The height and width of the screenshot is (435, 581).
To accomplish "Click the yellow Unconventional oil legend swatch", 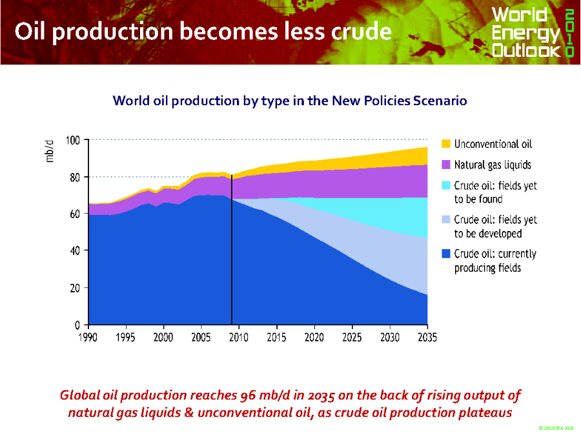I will point(446,143).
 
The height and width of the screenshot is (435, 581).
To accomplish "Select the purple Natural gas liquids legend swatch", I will point(446,165).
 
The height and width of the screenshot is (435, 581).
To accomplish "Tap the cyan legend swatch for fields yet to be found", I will point(446,186).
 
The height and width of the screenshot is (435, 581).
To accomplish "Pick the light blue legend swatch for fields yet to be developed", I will point(446,219).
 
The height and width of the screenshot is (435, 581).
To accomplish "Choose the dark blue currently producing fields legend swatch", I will point(446,254).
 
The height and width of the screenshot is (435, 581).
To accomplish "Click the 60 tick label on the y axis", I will point(74,214).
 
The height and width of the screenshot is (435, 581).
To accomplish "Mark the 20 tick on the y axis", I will point(74,287).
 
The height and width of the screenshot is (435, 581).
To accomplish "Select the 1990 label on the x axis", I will point(88,337).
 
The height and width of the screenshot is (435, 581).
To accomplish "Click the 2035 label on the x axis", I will point(427,337).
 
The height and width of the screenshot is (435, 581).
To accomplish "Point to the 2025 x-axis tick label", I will point(352,337).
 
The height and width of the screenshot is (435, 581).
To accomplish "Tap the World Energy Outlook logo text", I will point(525,32).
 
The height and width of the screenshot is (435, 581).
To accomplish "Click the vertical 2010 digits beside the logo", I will point(569,32).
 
